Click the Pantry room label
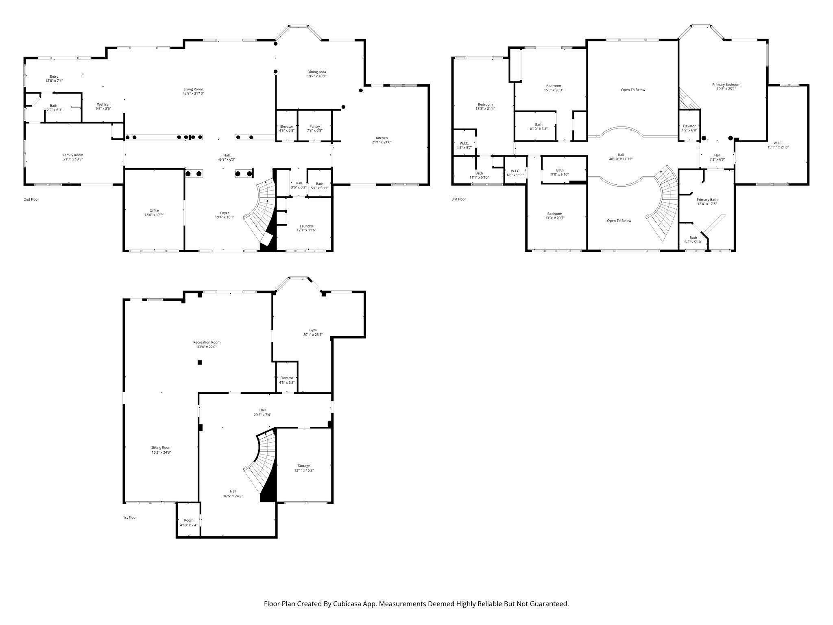click(x=314, y=127)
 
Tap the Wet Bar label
click(x=103, y=105)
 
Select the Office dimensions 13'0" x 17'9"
click(x=154, y=215)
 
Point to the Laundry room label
click(x=306, y=226)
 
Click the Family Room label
click(x=73, y=155)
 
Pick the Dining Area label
click(x=316, y=72)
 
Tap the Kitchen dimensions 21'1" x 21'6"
click(x=382, y=142)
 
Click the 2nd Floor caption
click(x=31, y=199)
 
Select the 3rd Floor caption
click(x=459, y=199)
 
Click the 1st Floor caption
click(x=130, y=518)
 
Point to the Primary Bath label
click(x=707, y=200)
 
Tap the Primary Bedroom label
click(x=726, y=85)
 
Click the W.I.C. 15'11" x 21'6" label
click(x=778, y=143)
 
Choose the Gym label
click(x=313, y=330)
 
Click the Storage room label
click(x=304, y=465)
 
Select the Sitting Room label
click(x=161, y=448)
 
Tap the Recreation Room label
click(x=207, y=342)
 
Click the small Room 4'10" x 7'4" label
click(x=189, y=520)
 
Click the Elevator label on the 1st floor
click(x=286, y=378)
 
